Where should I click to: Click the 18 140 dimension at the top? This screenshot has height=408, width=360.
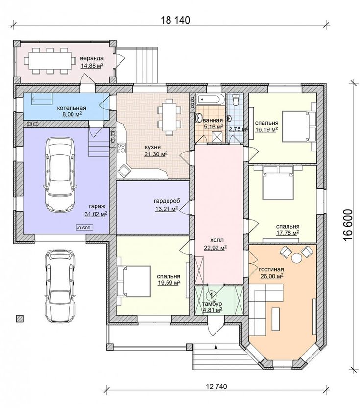click(x=176, y=20)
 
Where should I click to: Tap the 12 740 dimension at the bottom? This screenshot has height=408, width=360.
click(x=216, y=386)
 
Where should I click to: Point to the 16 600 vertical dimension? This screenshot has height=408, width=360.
click(x=348, y=225)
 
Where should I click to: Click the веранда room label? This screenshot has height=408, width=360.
click(x=92, y=58)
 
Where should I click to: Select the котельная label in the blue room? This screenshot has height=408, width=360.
click(x=72, y=108)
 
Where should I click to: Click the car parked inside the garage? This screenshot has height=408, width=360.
click(x=60, y=175)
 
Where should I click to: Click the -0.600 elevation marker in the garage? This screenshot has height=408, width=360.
click(x=84, y=228)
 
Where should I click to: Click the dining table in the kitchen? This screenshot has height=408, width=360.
click(x=169, y=117)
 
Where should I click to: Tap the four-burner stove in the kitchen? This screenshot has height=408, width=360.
click(x=121, y=148)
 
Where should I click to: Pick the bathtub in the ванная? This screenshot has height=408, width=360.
click(x=210, y=100)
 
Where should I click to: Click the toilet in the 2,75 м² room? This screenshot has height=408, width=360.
click(x=236, y=100)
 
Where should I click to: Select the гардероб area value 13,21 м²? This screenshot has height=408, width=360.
click(x=167, y=209)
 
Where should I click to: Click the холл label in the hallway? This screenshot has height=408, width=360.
click(x=217, y=240)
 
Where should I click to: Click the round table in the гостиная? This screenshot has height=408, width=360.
click(x=296, y=258)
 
